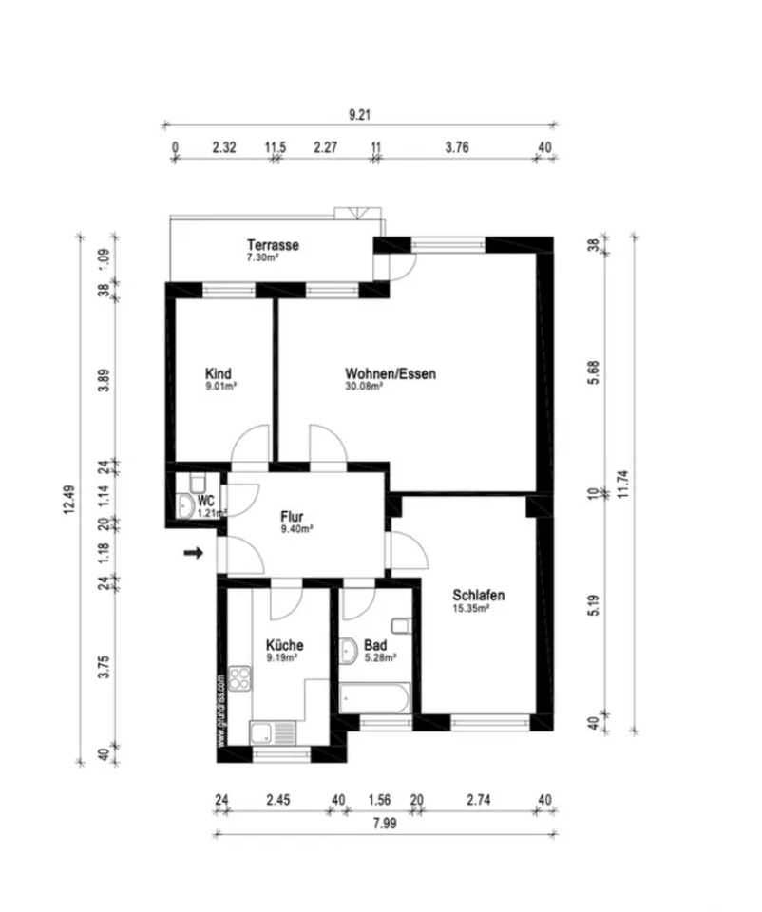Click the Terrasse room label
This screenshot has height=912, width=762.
coord(273,245)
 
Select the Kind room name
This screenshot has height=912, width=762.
coord(219,373)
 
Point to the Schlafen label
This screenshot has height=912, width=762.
coord(478,596)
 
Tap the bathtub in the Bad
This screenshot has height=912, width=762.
coord(375,700)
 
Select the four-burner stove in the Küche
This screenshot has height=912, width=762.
coord(238,680)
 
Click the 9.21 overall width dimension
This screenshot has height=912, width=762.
coord(359,115)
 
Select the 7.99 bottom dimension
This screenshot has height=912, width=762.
coord(385,824)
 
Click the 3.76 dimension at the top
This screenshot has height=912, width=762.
coord(457,147)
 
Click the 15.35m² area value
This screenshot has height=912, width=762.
coord(470,610)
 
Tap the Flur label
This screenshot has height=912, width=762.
coord(292,517)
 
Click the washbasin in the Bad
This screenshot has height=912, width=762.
coord(349,651)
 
